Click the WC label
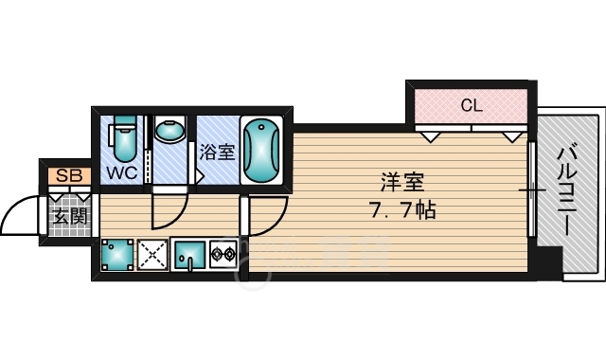point(122,172)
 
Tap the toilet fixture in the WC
point(124,138)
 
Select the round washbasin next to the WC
point(169,130)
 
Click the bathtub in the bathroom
point(261,151)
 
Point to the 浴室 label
point(217,152)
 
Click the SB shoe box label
point(69,176)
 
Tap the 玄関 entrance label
point(70,217)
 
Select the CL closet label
point(472,105)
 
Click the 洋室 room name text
point(402,183)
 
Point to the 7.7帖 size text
point(403,210)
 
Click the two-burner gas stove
point(223,255)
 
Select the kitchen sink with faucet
point(189,255)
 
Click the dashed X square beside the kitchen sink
point(152,255)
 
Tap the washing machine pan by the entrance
point(117,255)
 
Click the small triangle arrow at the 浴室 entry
point(200,177)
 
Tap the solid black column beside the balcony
point(549,261)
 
